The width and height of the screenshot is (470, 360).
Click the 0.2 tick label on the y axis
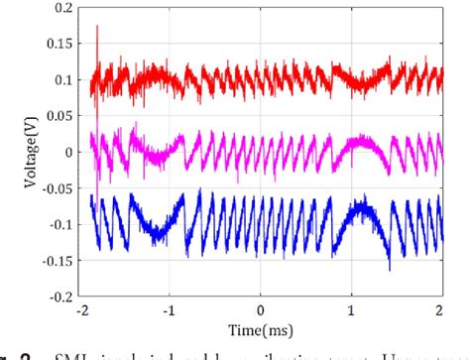pyautogui.click(x=62, y=8)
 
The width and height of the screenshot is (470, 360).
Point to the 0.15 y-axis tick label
pyautogui.click(x=59, y=44)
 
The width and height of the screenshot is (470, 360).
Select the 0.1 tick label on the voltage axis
pyautogui.click(x=62, y=80)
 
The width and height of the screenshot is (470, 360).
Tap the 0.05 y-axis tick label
pyautogui.click(x=59, y=116)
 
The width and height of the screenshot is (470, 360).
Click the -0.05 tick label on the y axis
pyautogui.click(x=57, y=188)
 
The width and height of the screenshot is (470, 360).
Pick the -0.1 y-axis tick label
pyautogui.click(x=59, y=224)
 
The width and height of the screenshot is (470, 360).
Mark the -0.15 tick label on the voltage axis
pyautogui.click(x=57, y=260)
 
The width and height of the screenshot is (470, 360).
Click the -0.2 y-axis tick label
pyautogui.click(x=59, y=297)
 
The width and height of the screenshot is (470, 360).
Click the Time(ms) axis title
pyautogui.click(x=260, y=326)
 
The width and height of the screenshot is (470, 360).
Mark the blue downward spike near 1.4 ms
pyautogui.click(x=390, y=266)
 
